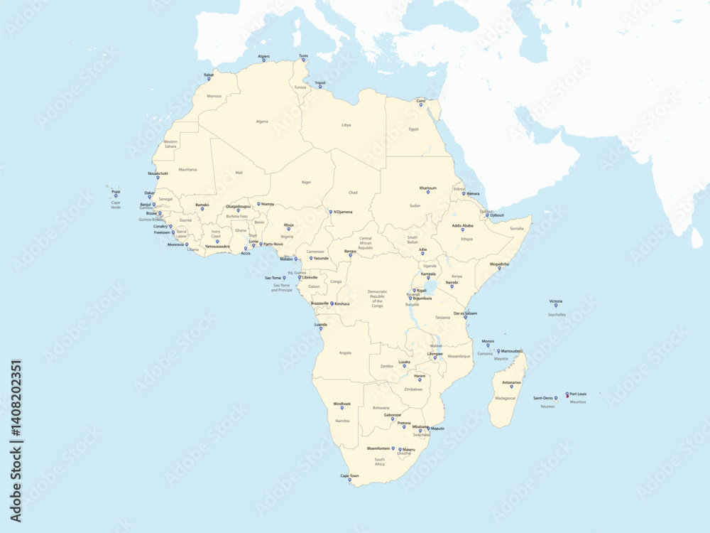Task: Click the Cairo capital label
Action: pos(421,101)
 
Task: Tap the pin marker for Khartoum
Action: pos(428,193)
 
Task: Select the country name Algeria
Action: pos(262,122)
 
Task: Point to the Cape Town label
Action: pos(349,475)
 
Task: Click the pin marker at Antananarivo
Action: pos(511,387)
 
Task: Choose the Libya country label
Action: pos(346,125)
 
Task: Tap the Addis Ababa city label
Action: pos(462,225)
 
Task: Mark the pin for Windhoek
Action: pos(342,408)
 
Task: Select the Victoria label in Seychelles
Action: pos(555,301)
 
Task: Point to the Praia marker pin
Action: pos(116,195)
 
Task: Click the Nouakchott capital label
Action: pos(158,173)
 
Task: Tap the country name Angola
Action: pos(345,352)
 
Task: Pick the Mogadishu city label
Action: pos(500,264)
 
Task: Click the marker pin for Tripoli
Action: pos(320,87)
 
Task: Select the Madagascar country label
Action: pos(506,398)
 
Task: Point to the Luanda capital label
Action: pos(321,324)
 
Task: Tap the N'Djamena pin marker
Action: pos(330,212)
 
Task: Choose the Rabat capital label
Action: pos(209,74)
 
